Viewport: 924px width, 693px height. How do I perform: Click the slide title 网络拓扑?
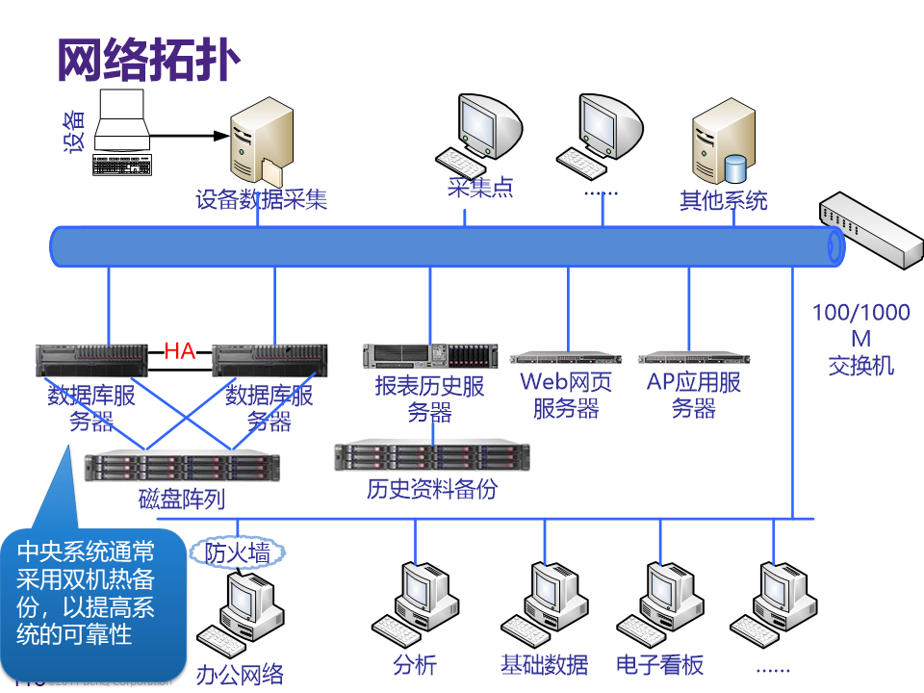tap(148, 61)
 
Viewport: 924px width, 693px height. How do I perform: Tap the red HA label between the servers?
tap(180, 350)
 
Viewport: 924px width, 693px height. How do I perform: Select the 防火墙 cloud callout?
tap(238, 552)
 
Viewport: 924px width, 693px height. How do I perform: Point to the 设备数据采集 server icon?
tap(260, 144)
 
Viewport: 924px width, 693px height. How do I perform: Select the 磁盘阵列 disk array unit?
tap(182, 467)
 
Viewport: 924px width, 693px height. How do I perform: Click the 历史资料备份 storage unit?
tap(432, 456)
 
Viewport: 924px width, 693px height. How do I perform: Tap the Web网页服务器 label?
tap(566, 395)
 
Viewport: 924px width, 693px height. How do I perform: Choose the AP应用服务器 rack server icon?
tap(693, 359)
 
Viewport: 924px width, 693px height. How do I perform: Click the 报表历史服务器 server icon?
tap(430, 356)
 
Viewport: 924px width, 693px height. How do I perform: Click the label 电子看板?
tap(660, 664)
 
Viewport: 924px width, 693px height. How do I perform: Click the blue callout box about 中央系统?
tap(91, 597)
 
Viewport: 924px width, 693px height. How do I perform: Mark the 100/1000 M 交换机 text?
tap(860, 339)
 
